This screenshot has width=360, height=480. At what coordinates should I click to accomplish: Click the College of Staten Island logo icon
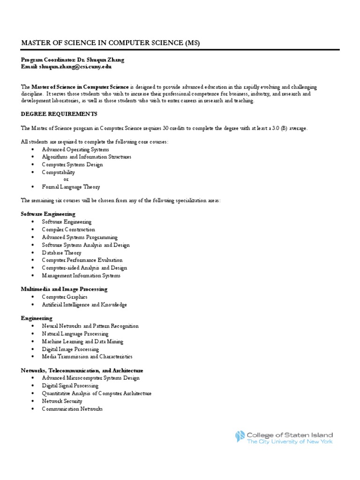click(x=240, y=437)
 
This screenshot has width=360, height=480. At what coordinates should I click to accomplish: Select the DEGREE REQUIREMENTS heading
click(x=59, y=114)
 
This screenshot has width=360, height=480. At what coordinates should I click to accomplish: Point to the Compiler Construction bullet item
click(x=68, y=230)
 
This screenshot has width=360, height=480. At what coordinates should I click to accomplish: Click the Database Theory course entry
click(x=61, y=253)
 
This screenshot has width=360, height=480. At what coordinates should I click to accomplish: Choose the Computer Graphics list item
click(x=65, y=297)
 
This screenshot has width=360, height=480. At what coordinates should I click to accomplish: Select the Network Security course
click(x=62, y=401)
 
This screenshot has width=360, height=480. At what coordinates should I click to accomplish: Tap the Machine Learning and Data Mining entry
click(x=82, y=342)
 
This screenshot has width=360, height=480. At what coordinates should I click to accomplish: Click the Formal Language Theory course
click(x=71, y=187)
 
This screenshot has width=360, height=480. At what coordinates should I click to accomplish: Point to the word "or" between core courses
click(x=66, y=179)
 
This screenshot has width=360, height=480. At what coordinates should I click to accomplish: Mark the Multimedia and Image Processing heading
click(x=64, y=289)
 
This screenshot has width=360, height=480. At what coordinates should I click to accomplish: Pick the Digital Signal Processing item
click(x=70, y=386)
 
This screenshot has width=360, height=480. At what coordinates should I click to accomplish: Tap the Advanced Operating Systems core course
click(x=75, y=150)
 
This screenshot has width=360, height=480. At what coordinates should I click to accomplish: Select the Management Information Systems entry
click(x=81, y=276)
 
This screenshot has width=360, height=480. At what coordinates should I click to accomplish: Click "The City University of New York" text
click(x=290, y=442)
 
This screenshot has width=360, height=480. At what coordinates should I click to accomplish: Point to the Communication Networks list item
click(x=72, y=409)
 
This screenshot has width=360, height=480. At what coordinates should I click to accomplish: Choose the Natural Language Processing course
click(x=75, y=334)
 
